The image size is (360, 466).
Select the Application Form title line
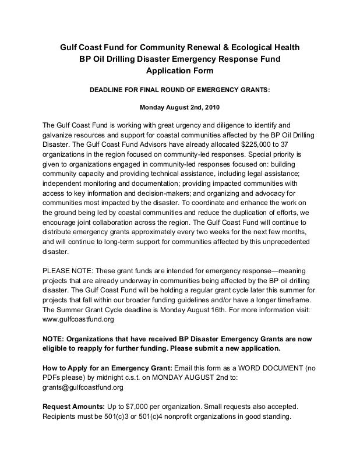point(179,71)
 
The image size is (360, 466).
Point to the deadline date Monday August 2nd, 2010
point(179,107)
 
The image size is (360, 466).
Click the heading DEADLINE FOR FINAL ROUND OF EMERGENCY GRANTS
point(179,91)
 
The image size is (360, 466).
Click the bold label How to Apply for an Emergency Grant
point(108,368)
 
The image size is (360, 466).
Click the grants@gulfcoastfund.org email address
point(83,387)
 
